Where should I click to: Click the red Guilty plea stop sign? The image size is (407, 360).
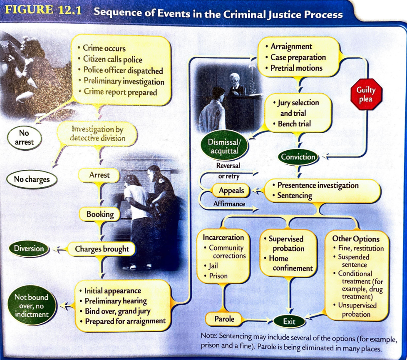tap(365, 95)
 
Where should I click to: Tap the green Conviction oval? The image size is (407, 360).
tap(298, 157)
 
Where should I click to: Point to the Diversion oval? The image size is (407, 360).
tap(29, 249)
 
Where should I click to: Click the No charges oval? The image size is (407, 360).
tap(32, 180)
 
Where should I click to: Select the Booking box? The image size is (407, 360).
tap(100, 214)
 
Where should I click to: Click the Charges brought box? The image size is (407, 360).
tap(102, 249)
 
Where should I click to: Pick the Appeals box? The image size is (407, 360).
tap(231, 191)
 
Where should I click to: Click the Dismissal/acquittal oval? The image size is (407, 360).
tap(223, 146)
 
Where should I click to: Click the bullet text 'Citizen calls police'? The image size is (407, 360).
tap(112, 60)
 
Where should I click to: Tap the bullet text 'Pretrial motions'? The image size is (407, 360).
tap(296, 68)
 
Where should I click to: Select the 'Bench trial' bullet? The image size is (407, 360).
tap(294, 124)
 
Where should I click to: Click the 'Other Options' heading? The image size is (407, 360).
tap(356, 239)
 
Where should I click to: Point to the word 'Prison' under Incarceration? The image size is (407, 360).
tap(218, 276)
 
